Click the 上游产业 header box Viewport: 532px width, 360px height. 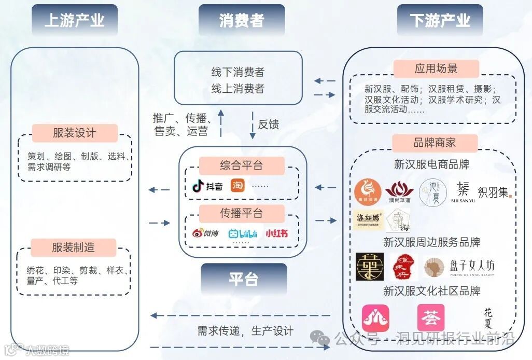coord(74,21)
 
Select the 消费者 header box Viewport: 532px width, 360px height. coord(242,21)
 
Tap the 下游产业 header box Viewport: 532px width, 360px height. coord(440,21)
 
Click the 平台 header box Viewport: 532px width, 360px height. coord(244,279)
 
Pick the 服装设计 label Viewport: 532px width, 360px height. coord(75,133)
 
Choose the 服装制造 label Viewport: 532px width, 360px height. coord(74,247)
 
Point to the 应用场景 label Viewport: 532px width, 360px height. coord(436,68)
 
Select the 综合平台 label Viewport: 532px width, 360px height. coord(241,165)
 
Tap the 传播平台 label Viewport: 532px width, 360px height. coord(241,213)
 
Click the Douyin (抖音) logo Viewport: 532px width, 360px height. coord(207,186)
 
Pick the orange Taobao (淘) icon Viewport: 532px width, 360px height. coord(237,186)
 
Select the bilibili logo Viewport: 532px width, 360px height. coord(243,233)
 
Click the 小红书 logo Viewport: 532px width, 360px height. coord(276,233)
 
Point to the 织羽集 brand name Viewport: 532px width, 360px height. coord(494,192)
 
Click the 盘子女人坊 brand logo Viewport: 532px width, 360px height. coord(458,267)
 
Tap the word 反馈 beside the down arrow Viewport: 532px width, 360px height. coord(269,124)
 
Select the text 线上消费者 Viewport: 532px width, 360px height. coord(237,89)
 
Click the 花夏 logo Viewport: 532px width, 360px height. coord(488,317)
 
